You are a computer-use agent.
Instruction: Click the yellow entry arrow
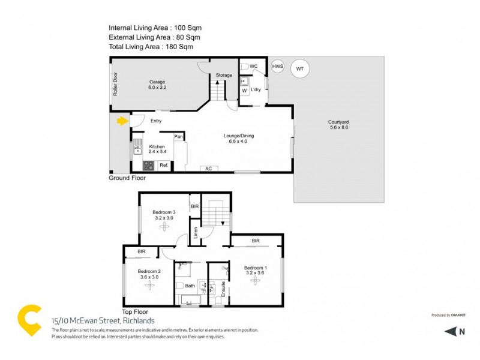click(x=122, y=121)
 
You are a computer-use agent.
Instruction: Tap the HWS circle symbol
click(x=277, y=67)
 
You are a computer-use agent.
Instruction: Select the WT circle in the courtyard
click(x=300, y=70)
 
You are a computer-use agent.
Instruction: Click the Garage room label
click(x=157, y=85)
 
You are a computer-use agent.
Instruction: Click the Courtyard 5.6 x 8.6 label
click(x=339, y=124)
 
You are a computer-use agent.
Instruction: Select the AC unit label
click(x=209, y=168)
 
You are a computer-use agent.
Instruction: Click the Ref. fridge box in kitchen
click(x=163, y=165)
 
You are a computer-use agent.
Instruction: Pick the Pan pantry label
click(x=178, y=137)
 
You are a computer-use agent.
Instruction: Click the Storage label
click(x=224, y=75)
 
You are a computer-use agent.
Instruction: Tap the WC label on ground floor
click(x=253, y=66)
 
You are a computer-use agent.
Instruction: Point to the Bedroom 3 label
click(x=163, y=215)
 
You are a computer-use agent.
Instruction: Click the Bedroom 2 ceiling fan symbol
click(x=148, y=284)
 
